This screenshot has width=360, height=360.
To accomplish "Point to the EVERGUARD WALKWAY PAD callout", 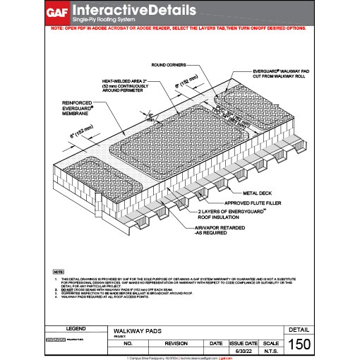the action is click(280, 76).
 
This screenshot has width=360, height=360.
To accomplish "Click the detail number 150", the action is click(299, 344).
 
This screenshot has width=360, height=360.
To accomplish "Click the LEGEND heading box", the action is click(76, 329).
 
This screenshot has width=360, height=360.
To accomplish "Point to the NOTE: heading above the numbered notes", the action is click(59, 271).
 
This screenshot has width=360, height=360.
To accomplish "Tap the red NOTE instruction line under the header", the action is click(179, 30).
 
